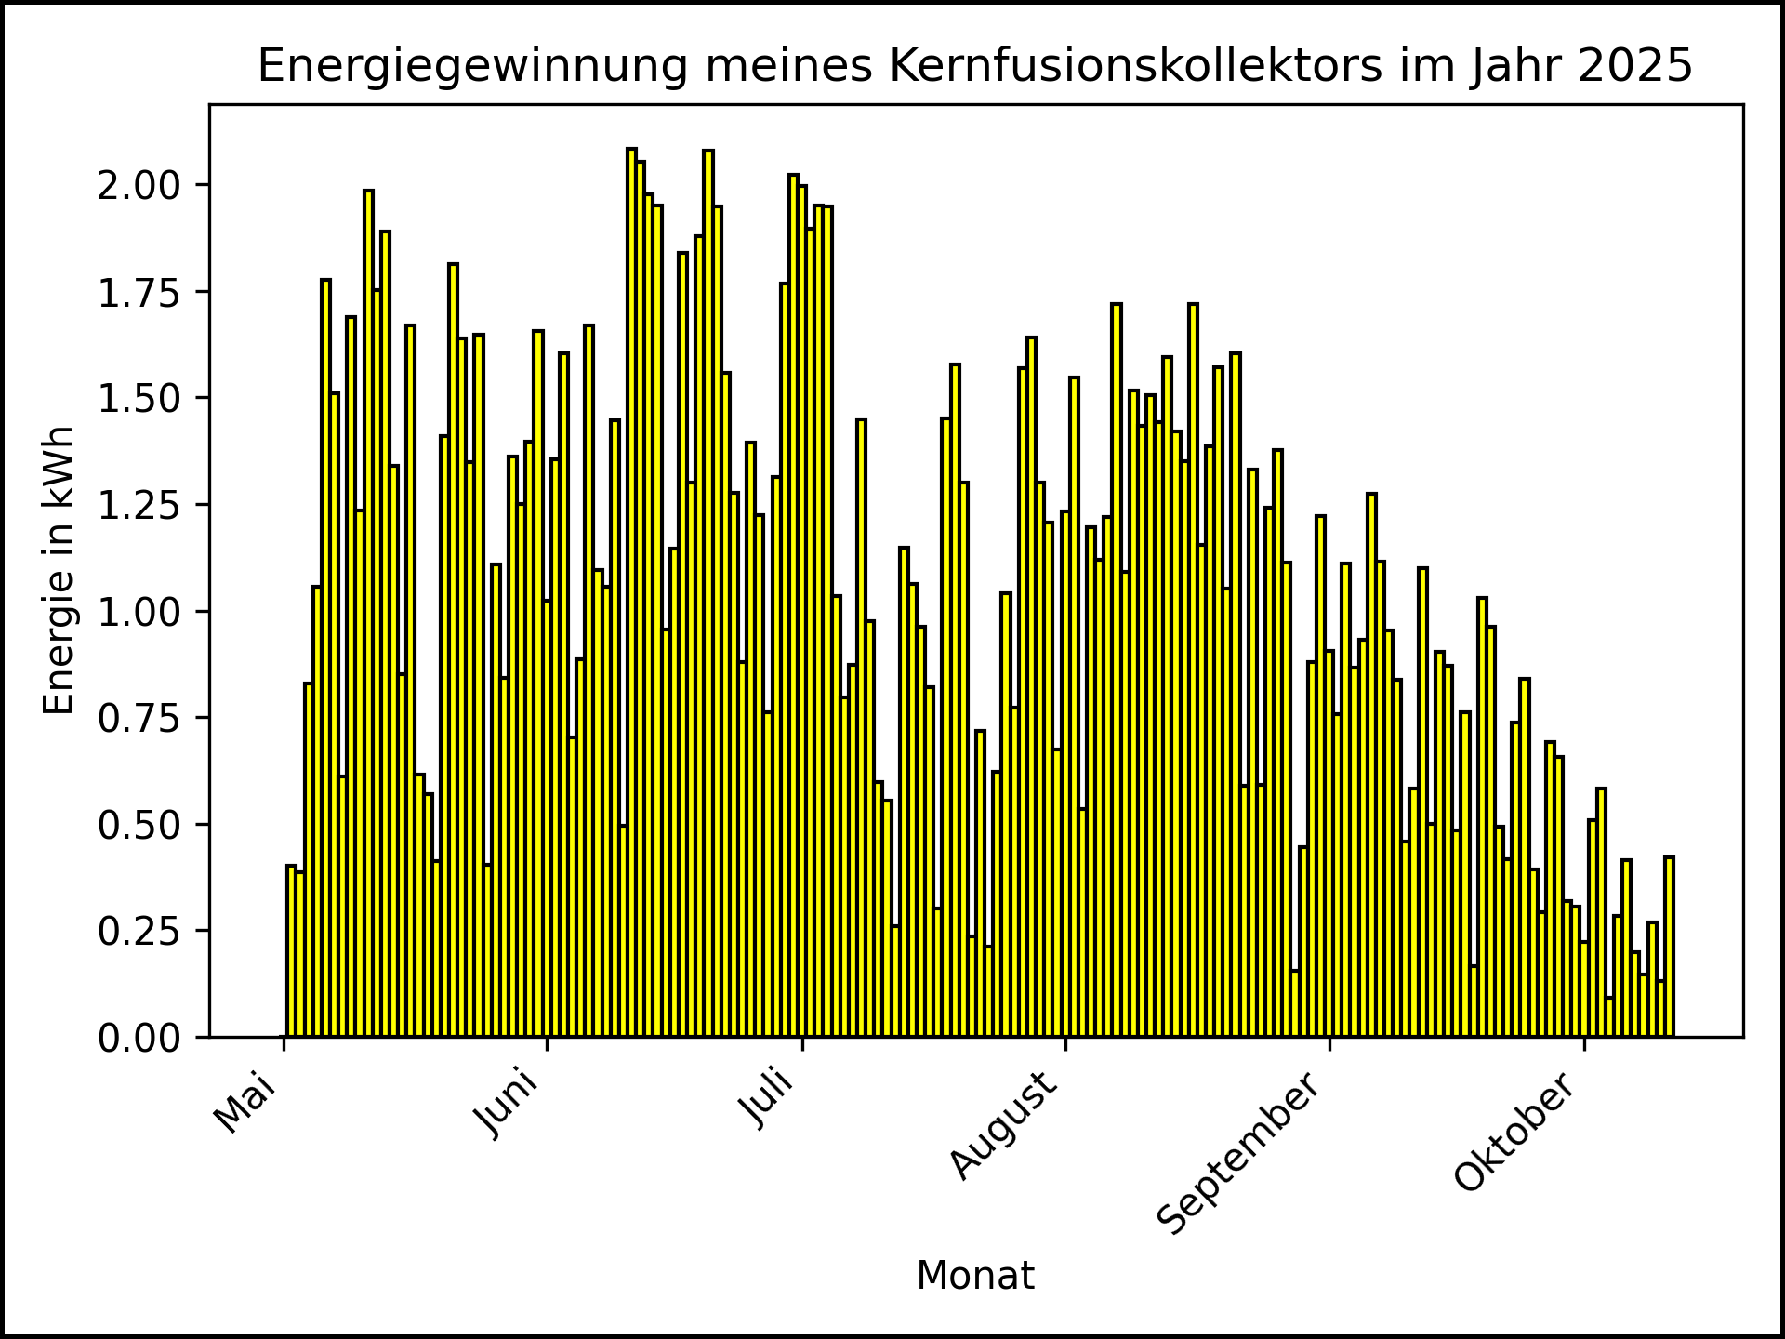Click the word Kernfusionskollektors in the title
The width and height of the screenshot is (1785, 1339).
tap(1136, 66)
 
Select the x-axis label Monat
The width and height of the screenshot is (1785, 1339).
tap(974, 1276)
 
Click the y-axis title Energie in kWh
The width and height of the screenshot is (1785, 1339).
tap(59, 570)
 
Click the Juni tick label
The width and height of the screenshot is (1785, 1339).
tap(508, 1105)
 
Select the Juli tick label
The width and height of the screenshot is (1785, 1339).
tap(768, 1100)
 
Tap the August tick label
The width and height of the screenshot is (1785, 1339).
tap(1004, 1126)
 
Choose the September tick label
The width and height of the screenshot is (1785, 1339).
tap(1240, 1153)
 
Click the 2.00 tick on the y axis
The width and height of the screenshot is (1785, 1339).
tap(139, 185)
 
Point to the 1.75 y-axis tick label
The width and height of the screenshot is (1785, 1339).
tap(139, 292)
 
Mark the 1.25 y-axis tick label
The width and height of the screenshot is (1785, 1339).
tap(139, 505)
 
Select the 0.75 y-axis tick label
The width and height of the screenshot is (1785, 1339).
tap(139, 718)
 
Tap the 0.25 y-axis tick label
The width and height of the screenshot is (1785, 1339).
tap(139, 931)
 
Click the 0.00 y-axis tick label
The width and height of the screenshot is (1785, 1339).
tap(139, 1038)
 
